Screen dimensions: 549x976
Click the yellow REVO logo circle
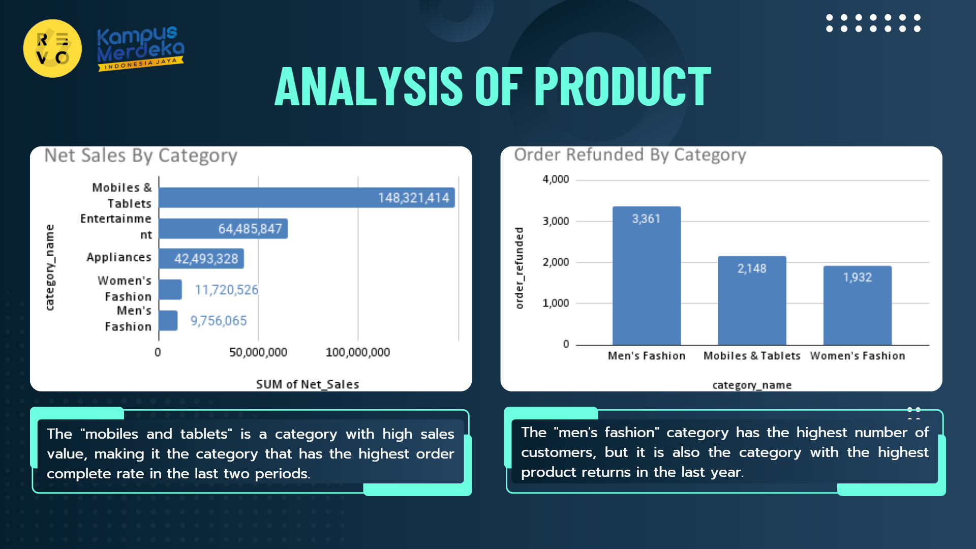click(x=52, y=48)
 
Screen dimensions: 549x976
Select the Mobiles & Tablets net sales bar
click(x=306, y=198)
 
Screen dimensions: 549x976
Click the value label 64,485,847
click(x=250, y=229)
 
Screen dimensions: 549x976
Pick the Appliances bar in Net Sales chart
click(x=201, y=259)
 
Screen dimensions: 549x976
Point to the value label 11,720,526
click(x=226, y=290)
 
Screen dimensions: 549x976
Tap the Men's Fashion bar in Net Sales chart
click(x=168, y=321)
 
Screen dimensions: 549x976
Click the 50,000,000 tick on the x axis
click(x=258, y=352)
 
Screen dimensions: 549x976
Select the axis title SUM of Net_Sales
click(x=307, y=384)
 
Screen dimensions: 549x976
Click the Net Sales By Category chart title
click(x=141, y=156)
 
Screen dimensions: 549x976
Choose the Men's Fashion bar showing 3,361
click(x=646, y=277)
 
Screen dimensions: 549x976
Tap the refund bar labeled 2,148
click(x=752, y=301)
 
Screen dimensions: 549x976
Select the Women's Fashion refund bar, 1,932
click(x=857, y=306)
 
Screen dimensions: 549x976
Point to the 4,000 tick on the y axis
click(x=556, y=179)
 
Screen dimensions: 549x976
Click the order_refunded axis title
click(x=519, y=268)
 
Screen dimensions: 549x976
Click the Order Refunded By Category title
click(x=630, y=155)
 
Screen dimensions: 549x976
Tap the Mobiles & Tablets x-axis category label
click(x=752, y=356)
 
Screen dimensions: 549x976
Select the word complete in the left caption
click(x=79, y=474)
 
